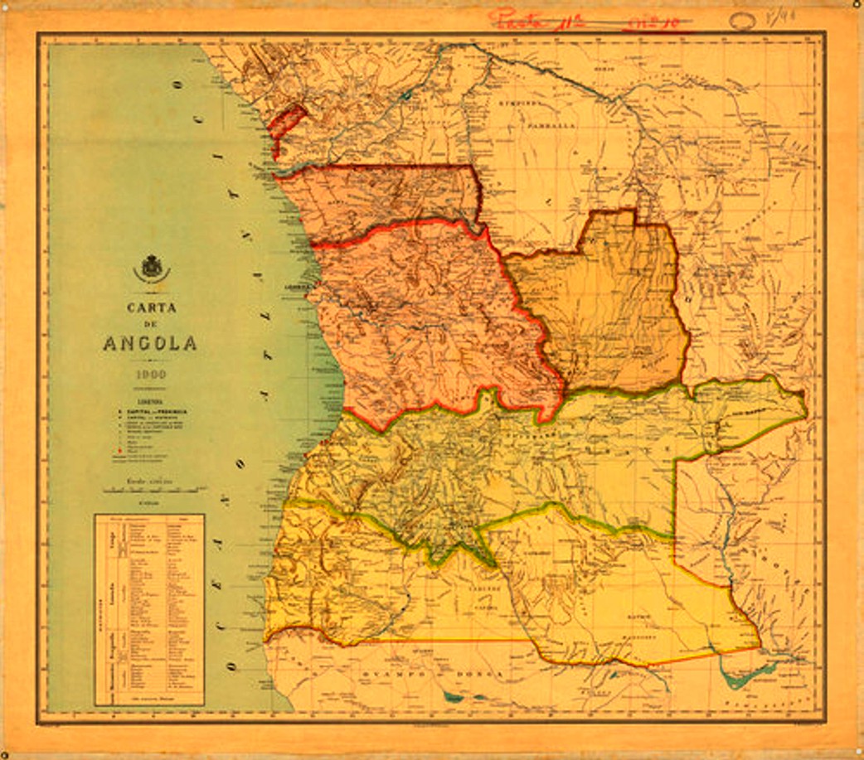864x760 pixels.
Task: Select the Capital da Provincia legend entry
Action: point(152,410)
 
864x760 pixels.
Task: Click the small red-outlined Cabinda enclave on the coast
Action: point(287,119)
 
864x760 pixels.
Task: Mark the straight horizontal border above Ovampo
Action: point(439,640)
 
